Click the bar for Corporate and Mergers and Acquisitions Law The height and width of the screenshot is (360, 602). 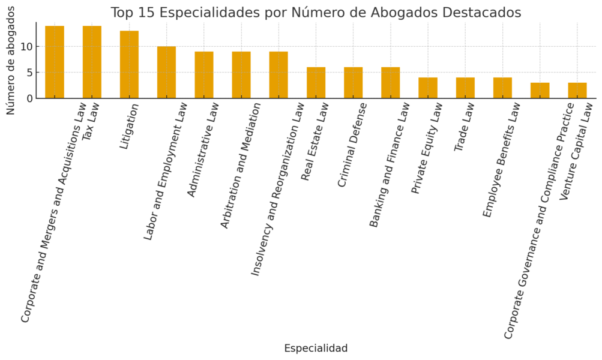click(x=55, y=62)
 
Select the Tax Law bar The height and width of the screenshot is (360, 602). click(x=92, y=62)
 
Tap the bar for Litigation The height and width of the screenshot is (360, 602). click(x=129, y=65)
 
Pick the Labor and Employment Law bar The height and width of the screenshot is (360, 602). click(x=166, y=73)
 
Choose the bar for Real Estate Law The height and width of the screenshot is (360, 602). click(x=316, y=83)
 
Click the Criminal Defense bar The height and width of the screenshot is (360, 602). click(x=353, y=83)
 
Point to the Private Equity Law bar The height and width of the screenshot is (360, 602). click(x=428, y=88)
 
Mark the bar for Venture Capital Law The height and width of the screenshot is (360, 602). click(x=577, y=91)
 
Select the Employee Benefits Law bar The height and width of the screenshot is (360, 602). click(x=502, y=88)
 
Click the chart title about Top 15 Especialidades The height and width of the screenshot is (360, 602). click(x=316, y=13)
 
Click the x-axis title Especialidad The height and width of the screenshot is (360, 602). click(x=316, y=348)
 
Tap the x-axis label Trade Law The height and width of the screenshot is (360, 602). click(x=464, y=127)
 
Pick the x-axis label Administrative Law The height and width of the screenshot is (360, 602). click(x=203, y=149)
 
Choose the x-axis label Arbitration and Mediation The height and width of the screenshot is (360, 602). click(x=240, y=165)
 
